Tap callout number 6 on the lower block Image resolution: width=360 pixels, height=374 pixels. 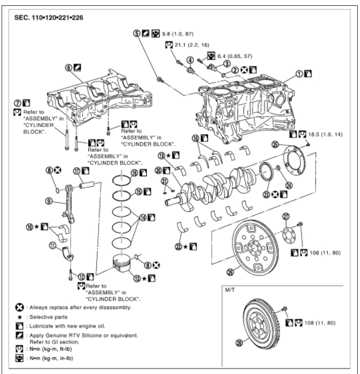click(68, 68)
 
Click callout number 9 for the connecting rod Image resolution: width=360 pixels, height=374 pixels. click(48, 202)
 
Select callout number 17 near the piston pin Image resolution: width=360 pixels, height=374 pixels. click(77, 171)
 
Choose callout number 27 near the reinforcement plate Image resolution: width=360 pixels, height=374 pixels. click(285, 215)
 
